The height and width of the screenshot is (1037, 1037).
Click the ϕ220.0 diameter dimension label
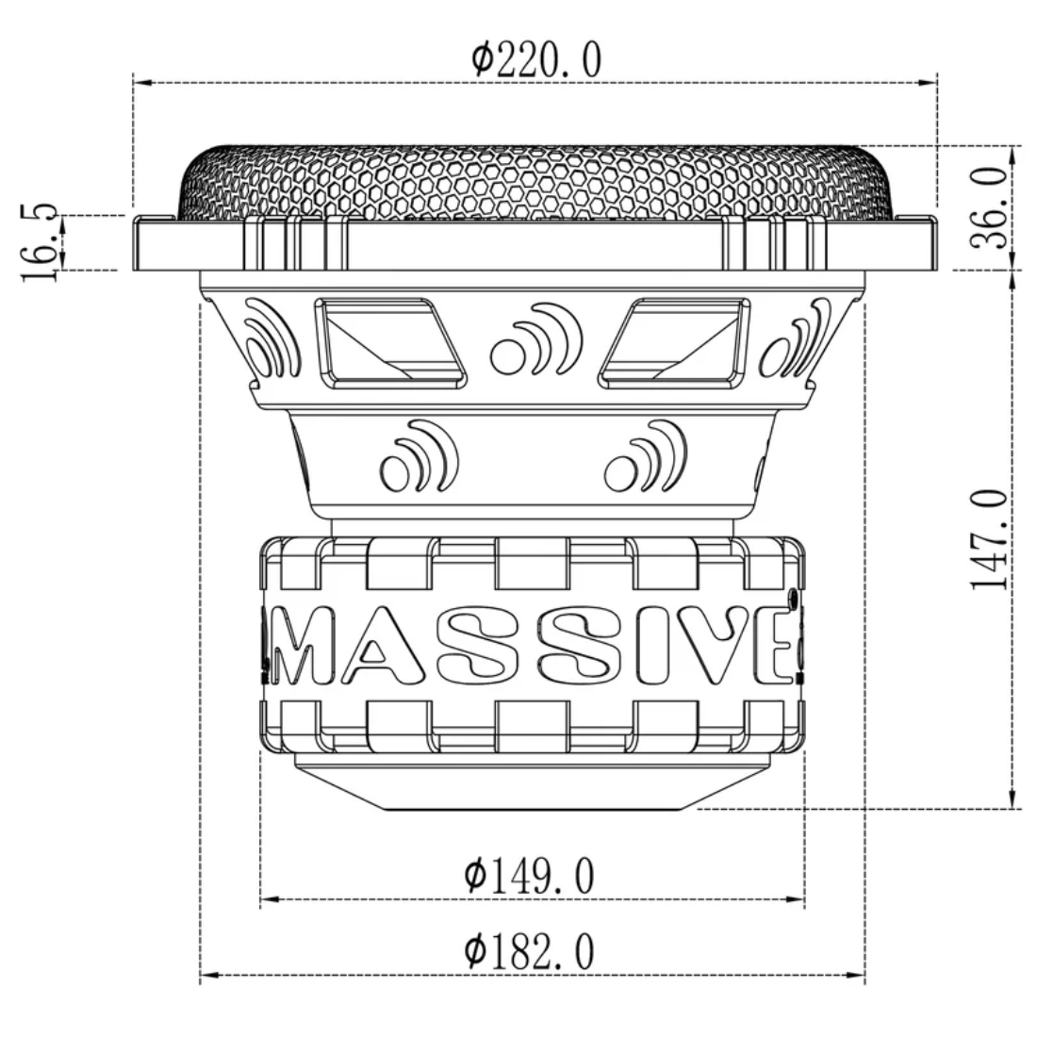pyautogui.click(x=535, y=60)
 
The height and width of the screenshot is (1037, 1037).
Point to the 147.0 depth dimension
pyautogui.click(x=989, y=538)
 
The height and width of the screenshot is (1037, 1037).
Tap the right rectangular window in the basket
pyautogui.click(x=677, y=343)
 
